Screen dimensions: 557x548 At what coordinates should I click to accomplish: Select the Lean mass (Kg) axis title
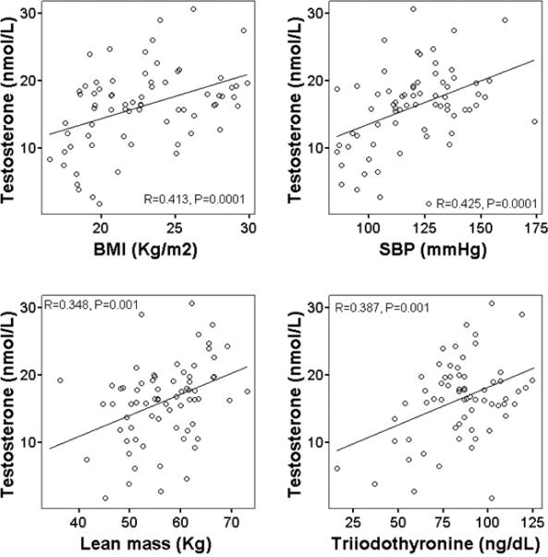[153, 540]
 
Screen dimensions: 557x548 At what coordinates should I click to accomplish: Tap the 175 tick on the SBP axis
[529, 226]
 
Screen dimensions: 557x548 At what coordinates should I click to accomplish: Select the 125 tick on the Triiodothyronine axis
[530, 514]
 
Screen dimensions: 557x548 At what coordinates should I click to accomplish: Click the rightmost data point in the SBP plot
[534, 121]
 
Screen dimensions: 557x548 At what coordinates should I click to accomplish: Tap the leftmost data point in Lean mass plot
[60, 380]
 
